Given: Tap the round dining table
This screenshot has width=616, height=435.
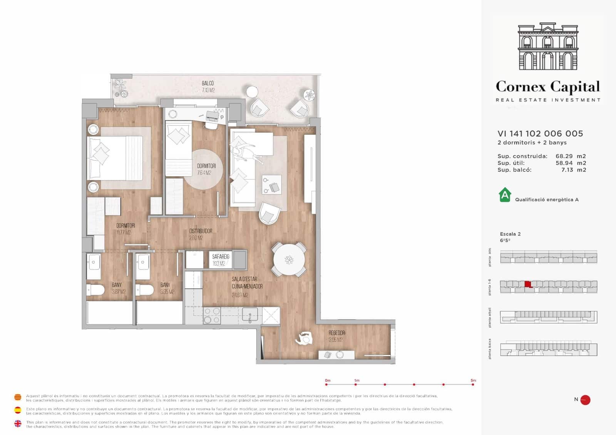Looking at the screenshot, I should (x=289, y=259).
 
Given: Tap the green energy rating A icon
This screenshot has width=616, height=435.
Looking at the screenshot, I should (x=505, y=195).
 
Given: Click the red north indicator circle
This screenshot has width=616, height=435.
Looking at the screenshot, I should (x=585, y=400).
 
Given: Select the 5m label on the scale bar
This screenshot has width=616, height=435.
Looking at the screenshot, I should (x=473, y=380).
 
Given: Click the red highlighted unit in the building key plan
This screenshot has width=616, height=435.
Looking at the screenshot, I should (x=528, y=284).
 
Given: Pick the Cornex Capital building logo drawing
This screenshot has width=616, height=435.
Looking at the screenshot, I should (x=548, y=47).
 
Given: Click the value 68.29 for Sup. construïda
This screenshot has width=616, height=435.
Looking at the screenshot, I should (x=564, y=156).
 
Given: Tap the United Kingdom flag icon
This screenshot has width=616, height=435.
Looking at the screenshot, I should (x=18, y=423).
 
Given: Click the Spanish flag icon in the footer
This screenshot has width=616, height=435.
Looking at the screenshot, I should (x=18, y=410).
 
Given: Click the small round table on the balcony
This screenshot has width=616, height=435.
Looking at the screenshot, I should (x=252, y=92).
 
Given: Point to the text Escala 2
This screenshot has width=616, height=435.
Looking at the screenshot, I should (x=510, y=234).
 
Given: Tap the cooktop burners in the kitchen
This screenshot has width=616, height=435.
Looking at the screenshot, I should (x=212, y=315).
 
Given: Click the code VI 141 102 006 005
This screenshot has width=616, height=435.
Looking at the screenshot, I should (x=540, y=134).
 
